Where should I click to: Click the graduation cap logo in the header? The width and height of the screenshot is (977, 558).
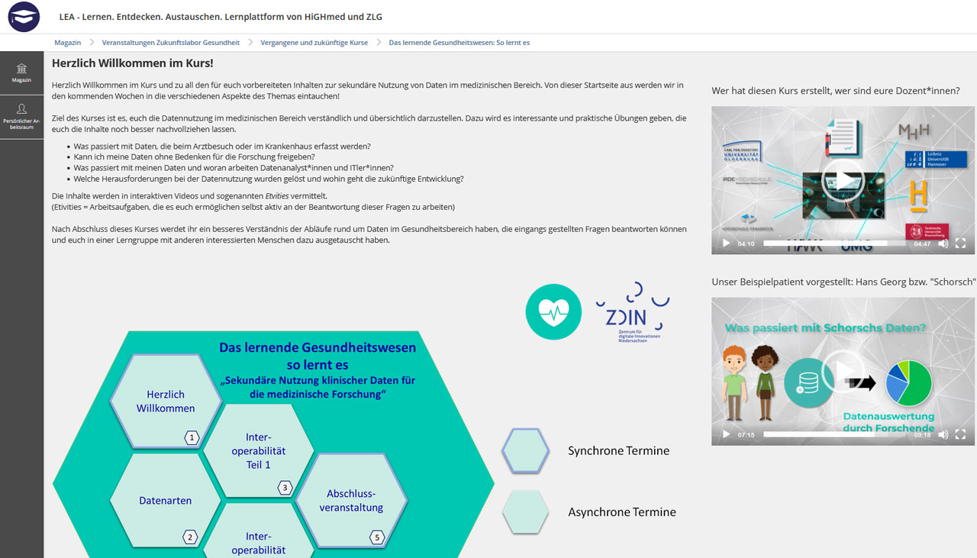coord(24,17)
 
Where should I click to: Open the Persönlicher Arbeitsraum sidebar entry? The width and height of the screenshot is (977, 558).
coord(21,117)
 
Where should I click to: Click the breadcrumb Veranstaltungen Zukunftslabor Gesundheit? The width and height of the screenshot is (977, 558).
coord(170,43)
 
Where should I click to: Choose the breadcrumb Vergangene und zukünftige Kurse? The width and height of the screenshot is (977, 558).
coord(314,43)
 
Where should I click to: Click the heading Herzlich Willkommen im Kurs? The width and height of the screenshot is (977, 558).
coord(132,63)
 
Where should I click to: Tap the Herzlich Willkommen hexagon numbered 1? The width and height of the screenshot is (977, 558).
coord(166,401)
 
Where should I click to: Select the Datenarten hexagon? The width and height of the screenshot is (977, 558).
coord(165,501)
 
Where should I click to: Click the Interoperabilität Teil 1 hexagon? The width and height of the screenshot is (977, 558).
coord(258,450)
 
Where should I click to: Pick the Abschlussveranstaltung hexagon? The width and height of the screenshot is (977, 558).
coord(351,501)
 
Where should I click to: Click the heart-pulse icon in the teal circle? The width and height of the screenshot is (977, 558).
coord(554,311)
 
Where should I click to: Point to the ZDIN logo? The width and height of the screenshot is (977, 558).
coord(632,312)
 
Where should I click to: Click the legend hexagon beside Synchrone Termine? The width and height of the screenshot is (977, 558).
coord(525,450)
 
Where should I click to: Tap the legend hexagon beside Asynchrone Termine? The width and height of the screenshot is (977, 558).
coord(525,511)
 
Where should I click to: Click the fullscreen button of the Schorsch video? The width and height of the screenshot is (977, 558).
coord(960,434)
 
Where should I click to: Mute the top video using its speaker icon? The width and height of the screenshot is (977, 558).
coord(943,244)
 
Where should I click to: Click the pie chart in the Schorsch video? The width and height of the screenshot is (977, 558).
coord(909,382)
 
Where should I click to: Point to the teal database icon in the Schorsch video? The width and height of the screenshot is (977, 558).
coord(808,382)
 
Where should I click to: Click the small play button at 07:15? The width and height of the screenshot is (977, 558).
coord(726,434)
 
